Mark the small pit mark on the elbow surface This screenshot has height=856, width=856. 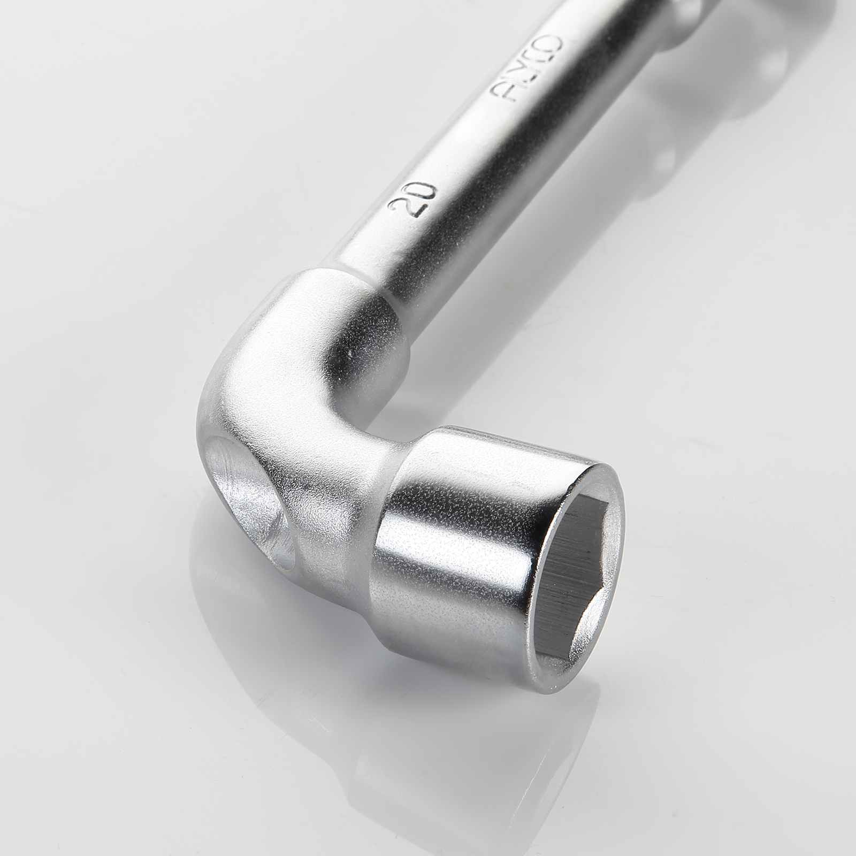click(349, 356)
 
